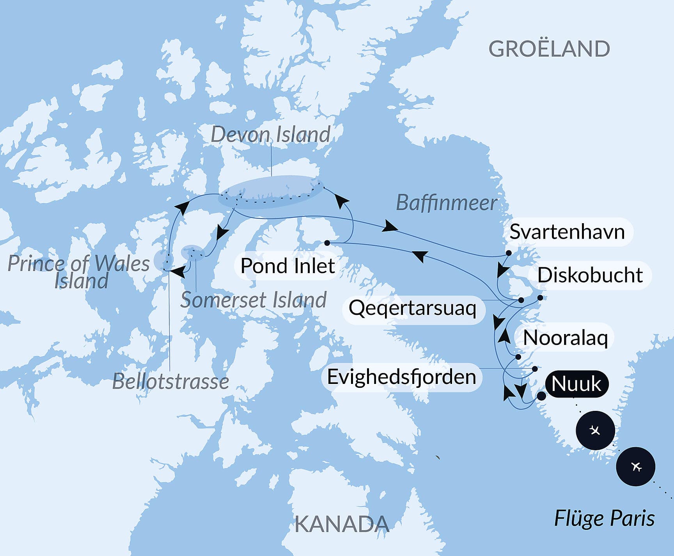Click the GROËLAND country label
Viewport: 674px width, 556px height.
pos(549,49)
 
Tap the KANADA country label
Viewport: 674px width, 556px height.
pos(342,524)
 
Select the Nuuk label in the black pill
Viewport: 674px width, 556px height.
pos(576,384)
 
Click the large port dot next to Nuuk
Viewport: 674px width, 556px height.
pos(541,396)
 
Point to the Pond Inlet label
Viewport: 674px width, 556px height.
pos(287,266)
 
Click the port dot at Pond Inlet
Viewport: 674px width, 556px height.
pos(327,243)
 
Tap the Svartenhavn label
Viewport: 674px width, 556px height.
pos(567,232)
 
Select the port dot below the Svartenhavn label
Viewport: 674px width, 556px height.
pos(509,253)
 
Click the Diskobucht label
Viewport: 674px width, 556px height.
pos(590,275)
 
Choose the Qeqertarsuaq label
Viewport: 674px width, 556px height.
pos(412,308)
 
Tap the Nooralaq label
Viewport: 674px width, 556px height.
pos(565,338)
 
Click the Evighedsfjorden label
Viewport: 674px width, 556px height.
pos(401,377)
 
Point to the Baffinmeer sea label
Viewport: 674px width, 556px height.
pos(447,203)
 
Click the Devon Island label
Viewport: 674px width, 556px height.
pos(271,135)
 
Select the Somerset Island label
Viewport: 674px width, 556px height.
pos(253,300)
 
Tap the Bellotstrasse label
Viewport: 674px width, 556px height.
pos(170,382)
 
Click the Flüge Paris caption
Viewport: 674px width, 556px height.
pos(604,519)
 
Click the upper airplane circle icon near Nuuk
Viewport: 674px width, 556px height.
pos(595,430)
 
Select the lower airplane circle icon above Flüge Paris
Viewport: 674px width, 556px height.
pos(635,466)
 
